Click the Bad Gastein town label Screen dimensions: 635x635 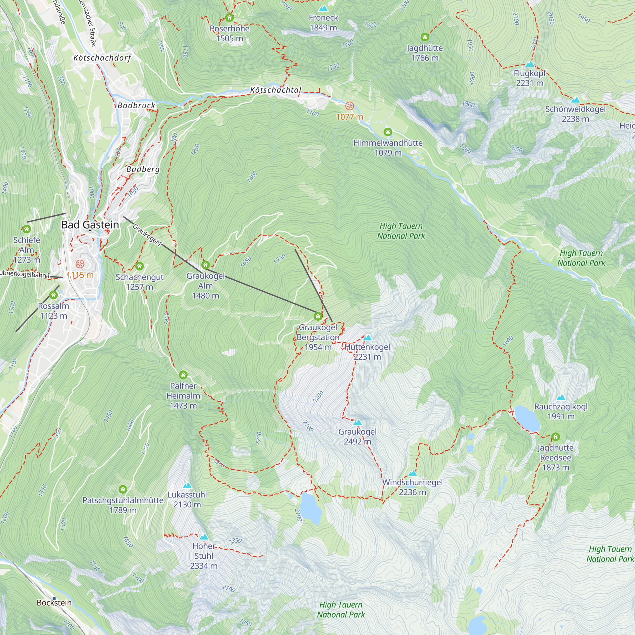pyautogui.click(x=90, y=225)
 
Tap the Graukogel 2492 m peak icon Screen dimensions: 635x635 pyautogui.click(x=357, y=423)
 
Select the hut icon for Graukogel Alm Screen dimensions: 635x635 pyautogui.click(x=205, y=265)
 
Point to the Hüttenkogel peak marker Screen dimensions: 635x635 pyautogui.click(x=367, y=338)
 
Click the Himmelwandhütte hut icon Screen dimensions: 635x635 pyautogui.click(x=388, y=132)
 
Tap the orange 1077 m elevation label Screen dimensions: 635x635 pyautogui.click(x=350, y=117)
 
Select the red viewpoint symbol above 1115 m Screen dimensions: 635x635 pyautogui.click(x=80, y=264)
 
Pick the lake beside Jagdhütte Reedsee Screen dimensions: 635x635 pyautogui.click(x=527, y=418)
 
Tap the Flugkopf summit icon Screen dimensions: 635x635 pyautogui.click(x=530, y=64)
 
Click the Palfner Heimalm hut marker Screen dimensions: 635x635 pyautogui.click(x=183, y=375)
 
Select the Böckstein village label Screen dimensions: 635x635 pyautogui.click(x=54, y=603)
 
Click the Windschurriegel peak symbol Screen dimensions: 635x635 pyautogui.click(x=412, y=473)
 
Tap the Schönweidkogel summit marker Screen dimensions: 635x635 pyautogui.click(x=575, y=100)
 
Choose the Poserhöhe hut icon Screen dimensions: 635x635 pyautogui.click(x=230, y=17)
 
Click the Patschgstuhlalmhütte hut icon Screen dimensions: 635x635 pyautogui.click(x=123, y=489)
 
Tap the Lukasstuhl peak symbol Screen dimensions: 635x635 pyautogui.click(x=187, y=485)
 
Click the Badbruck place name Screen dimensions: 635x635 pyautogui.click(x=137, y=105)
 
